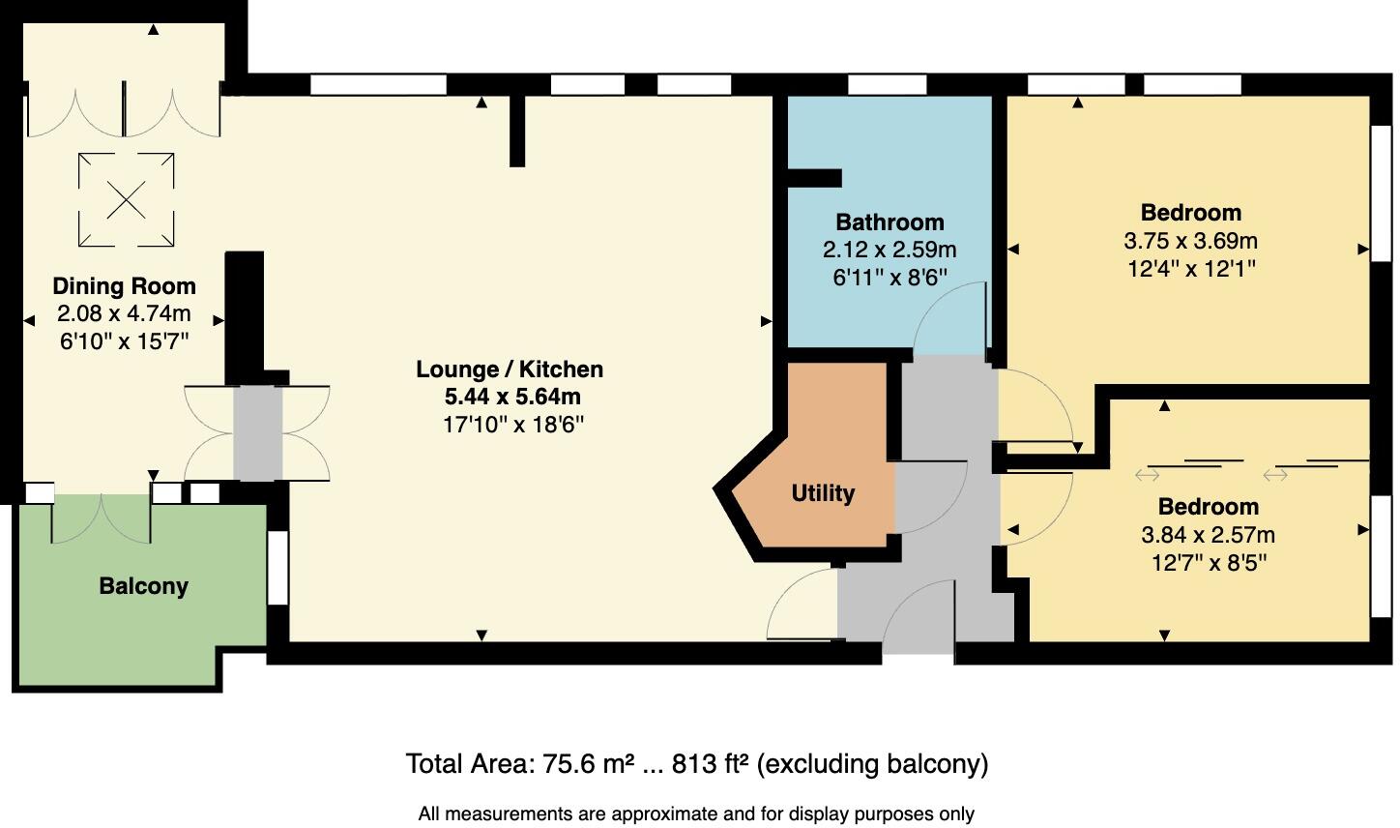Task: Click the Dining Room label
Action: point(124,286)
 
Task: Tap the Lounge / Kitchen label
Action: point(510,370)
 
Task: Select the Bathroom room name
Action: point(890,222)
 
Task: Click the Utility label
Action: point(823,493)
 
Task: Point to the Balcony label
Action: point(143,586)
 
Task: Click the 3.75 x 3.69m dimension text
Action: point(1190,241)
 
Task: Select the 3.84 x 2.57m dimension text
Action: point(1209,535)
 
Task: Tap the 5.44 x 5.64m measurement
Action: point(512,397)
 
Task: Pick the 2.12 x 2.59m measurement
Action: point(890,250)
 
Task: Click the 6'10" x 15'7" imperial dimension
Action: point(124,341)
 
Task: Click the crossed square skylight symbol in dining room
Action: point(126,200)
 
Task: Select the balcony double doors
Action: point(101,519)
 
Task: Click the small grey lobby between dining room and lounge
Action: point(257,432)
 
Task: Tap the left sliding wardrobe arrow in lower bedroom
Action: point(1148,474)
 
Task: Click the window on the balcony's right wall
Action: point(277,567)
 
